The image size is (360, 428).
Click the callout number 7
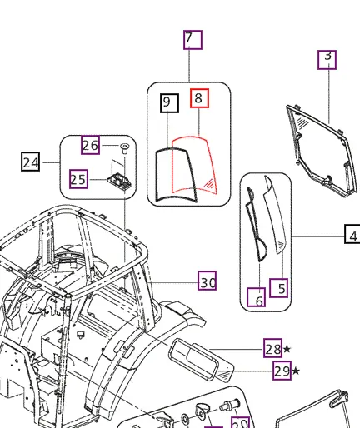[x=192, y=39]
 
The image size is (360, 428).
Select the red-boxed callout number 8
[x=198, y=99]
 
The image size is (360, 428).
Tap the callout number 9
[x=168, y=103]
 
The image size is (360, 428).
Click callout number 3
[x=327, y=58]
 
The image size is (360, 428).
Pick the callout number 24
[x=31, y=162]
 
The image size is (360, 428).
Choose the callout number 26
[x=90, y=146]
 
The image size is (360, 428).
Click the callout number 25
[x=79, y=179]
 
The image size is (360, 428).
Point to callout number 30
[x=207, y=283]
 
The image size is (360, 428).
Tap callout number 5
[x=281, y=288]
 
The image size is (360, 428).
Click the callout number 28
[x=272, y=349]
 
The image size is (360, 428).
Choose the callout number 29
[x=282, y=371]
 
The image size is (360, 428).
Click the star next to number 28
[x=287, y=349]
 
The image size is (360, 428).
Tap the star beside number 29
[x=297, y=371]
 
